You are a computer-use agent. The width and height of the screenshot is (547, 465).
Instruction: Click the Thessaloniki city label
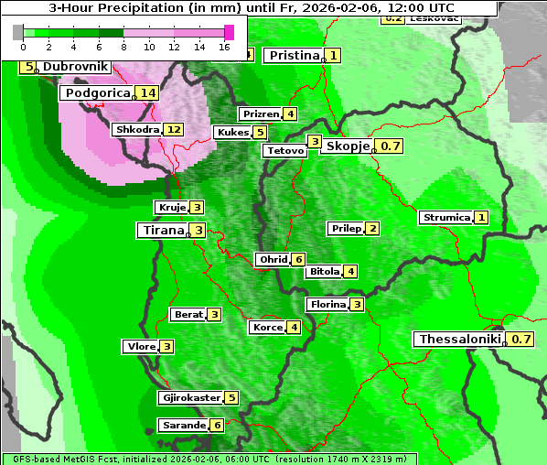pos(460,340)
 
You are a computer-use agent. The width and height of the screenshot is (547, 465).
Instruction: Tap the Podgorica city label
pos(97,92)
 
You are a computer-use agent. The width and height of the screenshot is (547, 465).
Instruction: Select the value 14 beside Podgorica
pos(148,92)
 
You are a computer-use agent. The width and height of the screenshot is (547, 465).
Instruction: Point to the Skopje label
pos(347,146)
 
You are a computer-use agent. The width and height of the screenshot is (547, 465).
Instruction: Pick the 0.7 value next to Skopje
pos(391,146)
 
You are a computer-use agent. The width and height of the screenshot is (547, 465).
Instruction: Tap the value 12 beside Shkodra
pos(173,129)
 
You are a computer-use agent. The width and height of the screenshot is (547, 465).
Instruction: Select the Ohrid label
pos(273,260)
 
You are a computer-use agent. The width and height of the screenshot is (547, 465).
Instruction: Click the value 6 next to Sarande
pos(216,425)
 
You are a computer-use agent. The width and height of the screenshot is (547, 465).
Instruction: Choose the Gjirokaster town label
pos(189,397)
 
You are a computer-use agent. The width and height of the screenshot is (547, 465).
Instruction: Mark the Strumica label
pos(445,218)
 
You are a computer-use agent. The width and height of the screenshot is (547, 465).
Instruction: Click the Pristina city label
pos(294,56)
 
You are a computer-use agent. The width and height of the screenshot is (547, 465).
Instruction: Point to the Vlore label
pos(140,346)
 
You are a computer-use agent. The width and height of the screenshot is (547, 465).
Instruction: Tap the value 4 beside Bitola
pos(350,271)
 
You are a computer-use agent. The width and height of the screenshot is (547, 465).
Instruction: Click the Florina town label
pos(327,304)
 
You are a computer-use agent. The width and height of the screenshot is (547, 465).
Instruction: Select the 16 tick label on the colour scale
pos(224,46)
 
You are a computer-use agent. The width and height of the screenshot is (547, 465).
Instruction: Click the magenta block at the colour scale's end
pos(229,32)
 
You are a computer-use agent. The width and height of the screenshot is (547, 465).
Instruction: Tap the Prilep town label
pos(346,228)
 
